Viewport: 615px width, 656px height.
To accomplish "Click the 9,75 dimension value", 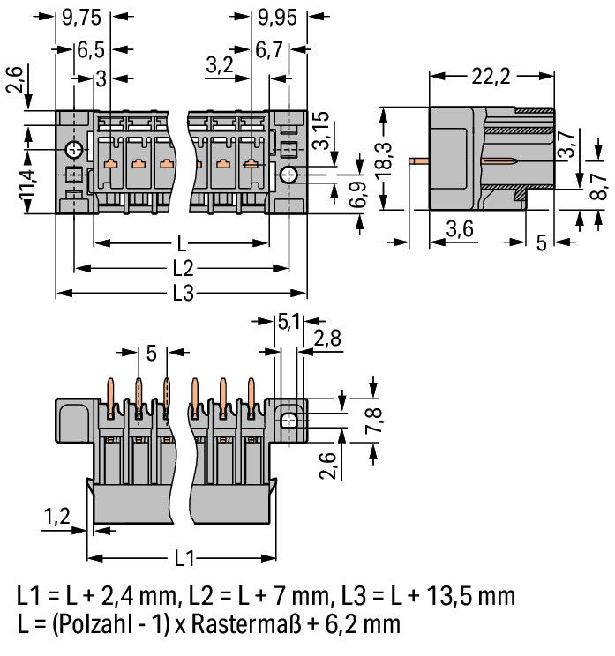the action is coord(82,18).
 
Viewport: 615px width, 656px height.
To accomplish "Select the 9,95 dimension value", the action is coord(278,18).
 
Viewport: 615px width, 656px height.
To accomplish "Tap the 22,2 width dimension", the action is coord(491,77).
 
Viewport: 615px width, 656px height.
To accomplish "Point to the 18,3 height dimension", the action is coord(384,160).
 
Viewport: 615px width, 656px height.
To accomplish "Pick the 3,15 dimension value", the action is coord(321,130).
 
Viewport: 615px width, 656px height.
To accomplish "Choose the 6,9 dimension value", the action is coord(358,195).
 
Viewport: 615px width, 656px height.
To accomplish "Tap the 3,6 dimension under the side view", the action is coord(460,229).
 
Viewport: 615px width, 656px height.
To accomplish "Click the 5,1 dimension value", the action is coord(289,322).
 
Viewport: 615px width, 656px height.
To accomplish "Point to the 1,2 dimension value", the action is coord(57,517).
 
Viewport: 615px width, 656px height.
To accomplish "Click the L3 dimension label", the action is coord(183,294).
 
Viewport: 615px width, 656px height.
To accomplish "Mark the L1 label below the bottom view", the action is coord(184,558).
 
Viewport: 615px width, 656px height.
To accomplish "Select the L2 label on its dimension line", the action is coord(183,269).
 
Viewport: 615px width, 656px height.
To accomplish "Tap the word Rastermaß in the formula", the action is coord(246,624).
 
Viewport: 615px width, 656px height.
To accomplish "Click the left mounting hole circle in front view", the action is coord(74,150).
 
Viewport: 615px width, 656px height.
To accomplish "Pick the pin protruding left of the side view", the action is coord(419,160).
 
